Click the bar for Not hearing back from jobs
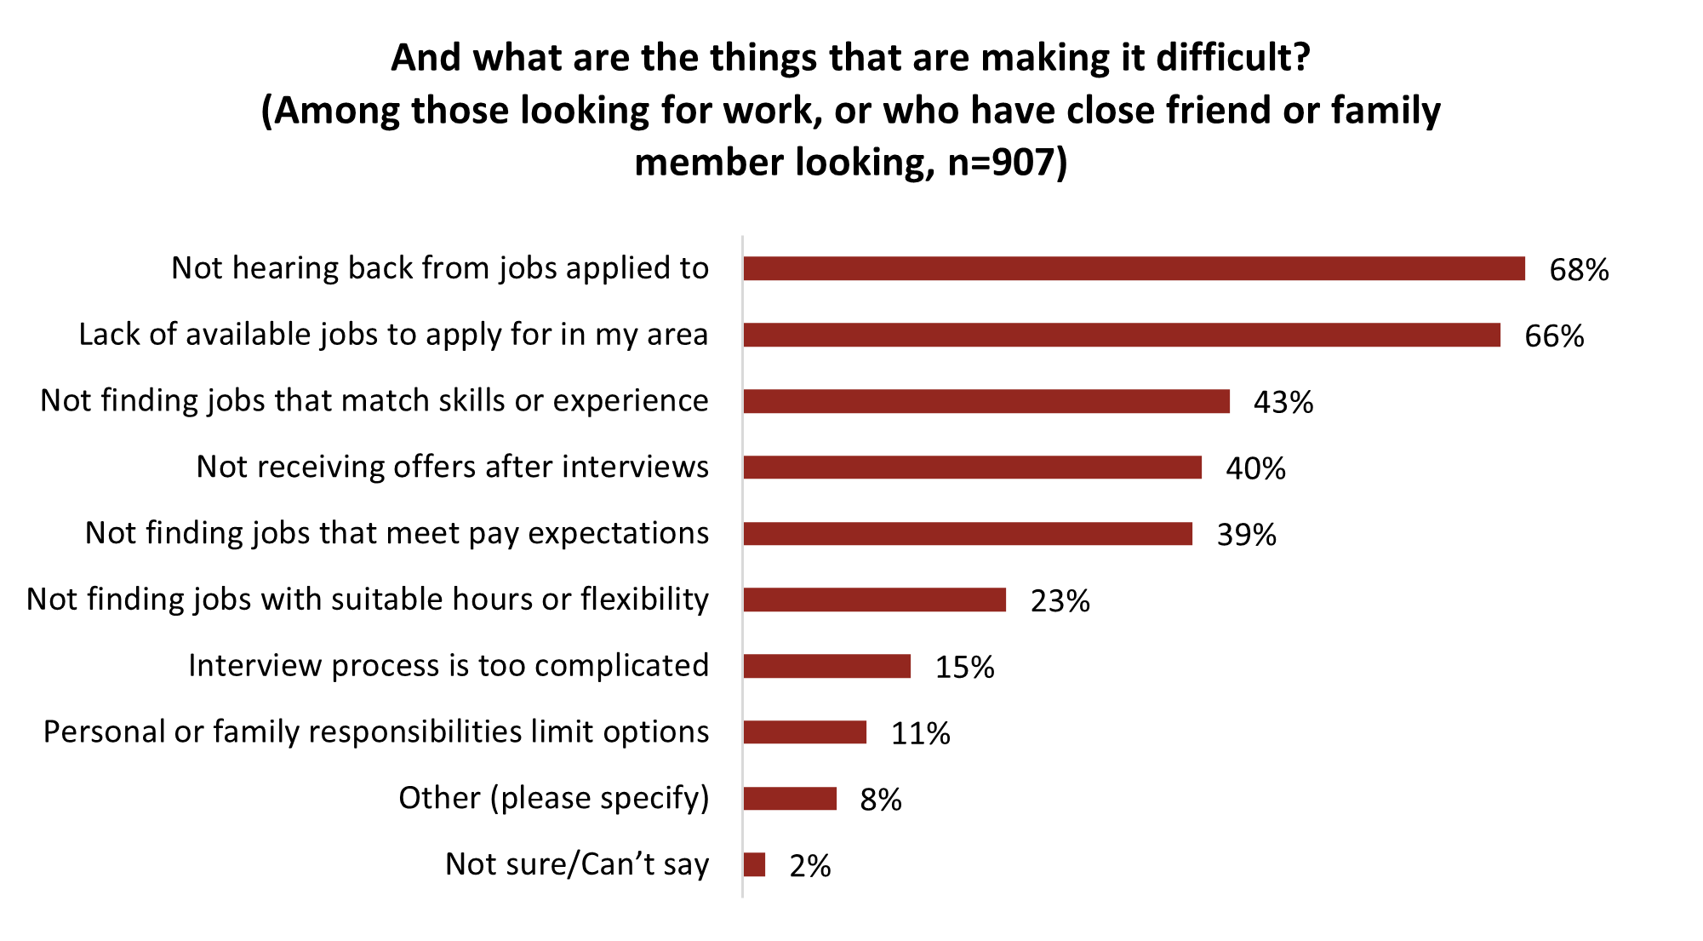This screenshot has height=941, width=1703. (1134, 268)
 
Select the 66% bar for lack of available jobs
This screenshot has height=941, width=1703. (1122, 335)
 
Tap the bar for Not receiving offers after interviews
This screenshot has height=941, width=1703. (972, 468)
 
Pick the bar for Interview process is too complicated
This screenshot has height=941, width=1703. (826, 666)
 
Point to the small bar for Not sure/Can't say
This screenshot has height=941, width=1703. (754, 865)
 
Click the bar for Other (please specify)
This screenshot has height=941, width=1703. (790, 799)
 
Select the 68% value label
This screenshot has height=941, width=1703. (1579, 270)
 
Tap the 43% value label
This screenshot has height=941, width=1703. (1283, 402)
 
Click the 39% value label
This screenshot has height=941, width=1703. (1246, 535)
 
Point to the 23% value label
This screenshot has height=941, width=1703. (1060, 601)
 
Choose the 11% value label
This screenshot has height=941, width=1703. (920, 733)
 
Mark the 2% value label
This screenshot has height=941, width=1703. (809, 866)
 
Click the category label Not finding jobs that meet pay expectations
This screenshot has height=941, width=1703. (397, 533)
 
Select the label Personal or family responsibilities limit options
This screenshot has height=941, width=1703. (376, 732)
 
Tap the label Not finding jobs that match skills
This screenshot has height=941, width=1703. (374, 400)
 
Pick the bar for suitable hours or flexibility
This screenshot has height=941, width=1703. (874, 600)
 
